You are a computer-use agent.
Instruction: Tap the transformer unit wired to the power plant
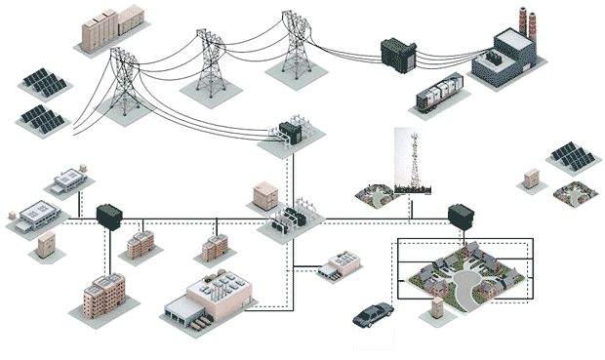[x=397, y=54]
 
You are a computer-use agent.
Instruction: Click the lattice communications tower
[x=414, y=161]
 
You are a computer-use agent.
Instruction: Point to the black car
[x=373, y=314]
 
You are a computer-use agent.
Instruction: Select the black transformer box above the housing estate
[x=459, y=216]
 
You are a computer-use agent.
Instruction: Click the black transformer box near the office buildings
[x=108, y=215]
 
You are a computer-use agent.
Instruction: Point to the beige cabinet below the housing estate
[x=436, y=308]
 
